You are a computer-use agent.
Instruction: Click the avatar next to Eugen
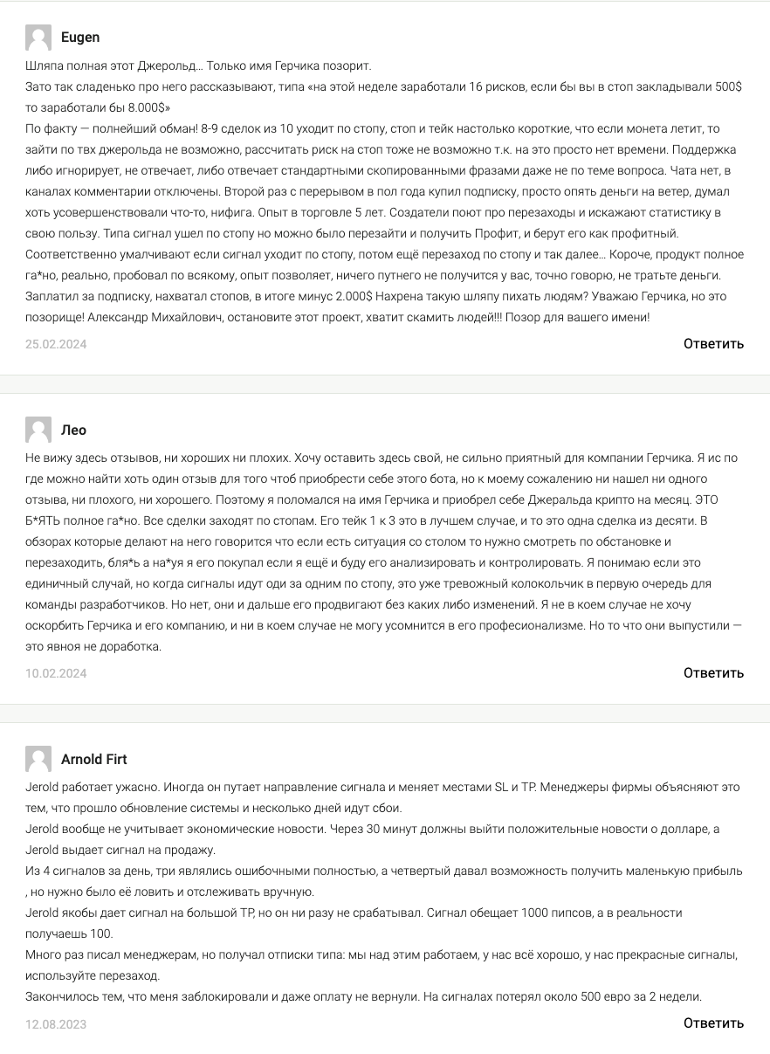pos(38,38)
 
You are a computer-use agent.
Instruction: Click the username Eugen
pos(80,38)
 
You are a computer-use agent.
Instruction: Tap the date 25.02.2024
pos(56,344)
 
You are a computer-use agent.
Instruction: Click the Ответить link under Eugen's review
pos(713,344)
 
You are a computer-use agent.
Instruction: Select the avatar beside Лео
pos(38,431)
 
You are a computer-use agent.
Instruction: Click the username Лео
pos(74,431)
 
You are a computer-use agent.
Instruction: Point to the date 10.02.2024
pos(56,673)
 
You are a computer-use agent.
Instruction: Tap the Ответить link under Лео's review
pos(713,673)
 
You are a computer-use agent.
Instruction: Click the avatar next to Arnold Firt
pos(38,760)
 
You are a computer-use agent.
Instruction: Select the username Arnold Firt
pos(94,760)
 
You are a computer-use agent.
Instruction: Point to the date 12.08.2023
pos(56,1023)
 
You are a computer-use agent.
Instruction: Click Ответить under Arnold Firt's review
pos(713,1023)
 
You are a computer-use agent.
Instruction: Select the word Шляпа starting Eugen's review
pos(46,66)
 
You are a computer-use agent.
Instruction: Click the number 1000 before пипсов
pos(534,913)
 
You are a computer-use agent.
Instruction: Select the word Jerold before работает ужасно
pos(42,787)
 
